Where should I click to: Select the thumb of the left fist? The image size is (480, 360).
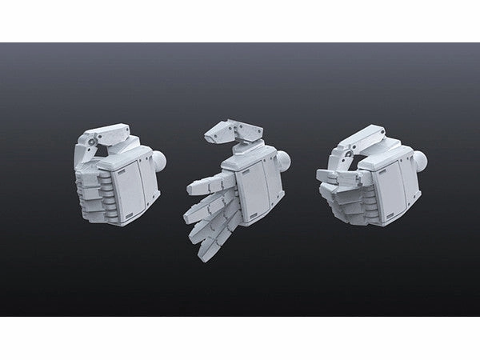coord(105,132)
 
